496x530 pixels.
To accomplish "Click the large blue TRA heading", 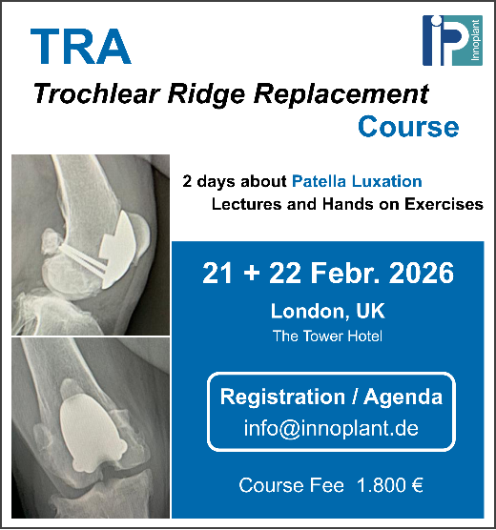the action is pos(80,47).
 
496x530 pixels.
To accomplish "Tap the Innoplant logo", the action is pos(452,40).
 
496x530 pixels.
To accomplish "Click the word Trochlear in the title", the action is pos(96,93).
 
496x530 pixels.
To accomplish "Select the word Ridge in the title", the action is pos(206,95).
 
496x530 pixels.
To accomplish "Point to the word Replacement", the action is pos(341,95).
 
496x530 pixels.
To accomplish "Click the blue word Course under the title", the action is pos(408,127).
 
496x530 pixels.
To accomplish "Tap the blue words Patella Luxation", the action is pos(357,181).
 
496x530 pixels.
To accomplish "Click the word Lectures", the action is pos(247,204).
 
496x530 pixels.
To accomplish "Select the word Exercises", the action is pos(444,204).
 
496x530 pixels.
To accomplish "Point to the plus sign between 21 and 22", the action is pos(252,274).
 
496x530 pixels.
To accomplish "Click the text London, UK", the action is pos(327,311).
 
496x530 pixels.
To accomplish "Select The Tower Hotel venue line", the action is pos(327,336).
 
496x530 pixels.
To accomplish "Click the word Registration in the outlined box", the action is pos(282,397).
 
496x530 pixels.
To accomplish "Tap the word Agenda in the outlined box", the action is pos(403,397).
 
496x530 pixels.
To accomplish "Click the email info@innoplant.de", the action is pos(331,428).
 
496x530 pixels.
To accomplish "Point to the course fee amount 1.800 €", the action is pos(390,485).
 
